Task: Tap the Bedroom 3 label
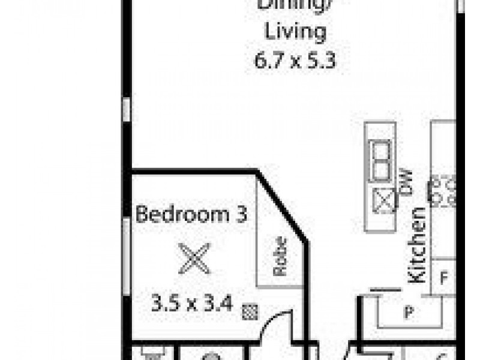[x=191, y=214]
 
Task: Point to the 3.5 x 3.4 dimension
[x=192, y=304]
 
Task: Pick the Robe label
[x=280, y=257]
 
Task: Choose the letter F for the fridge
[x=445, y=278]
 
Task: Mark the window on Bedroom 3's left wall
[x=127, y=255]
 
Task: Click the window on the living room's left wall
[x=127, y=111]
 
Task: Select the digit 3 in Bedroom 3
[x=241, y=214]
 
